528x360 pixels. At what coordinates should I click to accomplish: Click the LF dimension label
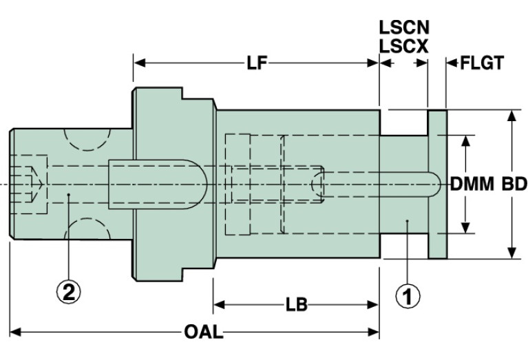(257, 63)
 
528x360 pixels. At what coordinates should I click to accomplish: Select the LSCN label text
(404, 28)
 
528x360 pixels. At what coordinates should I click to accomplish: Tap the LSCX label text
(404, 46)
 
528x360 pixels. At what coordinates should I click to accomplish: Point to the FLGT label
(482, 63)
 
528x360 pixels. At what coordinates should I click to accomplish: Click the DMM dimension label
(472, 184)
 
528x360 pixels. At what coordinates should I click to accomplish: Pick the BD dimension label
(514, 184)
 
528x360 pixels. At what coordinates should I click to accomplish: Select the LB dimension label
(297, 305)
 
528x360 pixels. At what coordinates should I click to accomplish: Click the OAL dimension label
(203, 332)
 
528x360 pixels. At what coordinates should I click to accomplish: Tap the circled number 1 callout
(408, 297)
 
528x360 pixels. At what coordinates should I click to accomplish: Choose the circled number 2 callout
(68, 292)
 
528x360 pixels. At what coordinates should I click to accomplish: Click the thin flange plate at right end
(437, 184)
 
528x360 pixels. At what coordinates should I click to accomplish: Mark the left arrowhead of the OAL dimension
(15, 332)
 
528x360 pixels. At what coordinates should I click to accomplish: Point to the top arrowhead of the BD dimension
(512, 116)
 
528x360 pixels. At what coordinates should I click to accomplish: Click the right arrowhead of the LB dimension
(373, 305)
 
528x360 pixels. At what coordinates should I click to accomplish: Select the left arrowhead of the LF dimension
(140, 63)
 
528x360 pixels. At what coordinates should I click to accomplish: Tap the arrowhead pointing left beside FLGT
(452, 63)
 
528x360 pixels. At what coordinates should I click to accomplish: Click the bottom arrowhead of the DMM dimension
(466, 228)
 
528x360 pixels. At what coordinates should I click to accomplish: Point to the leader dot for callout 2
(68, 194)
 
